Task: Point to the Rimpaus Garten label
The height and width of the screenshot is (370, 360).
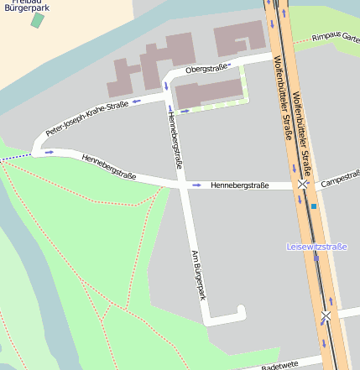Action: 335,39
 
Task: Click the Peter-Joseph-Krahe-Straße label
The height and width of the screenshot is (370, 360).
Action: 86,119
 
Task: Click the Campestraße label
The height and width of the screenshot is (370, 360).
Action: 340,179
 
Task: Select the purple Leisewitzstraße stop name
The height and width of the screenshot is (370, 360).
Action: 317,247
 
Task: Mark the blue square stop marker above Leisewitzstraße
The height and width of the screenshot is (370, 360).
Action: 314,206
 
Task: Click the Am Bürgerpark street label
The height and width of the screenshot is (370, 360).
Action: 199,274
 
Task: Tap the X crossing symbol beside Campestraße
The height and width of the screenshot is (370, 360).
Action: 302,184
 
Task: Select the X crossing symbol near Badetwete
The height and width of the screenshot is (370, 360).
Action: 326,315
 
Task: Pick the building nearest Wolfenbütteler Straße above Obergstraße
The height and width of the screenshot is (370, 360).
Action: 240,39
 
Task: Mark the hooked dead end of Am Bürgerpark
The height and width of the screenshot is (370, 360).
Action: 242,312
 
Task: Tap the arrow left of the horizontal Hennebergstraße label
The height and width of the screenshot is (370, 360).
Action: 197,185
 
